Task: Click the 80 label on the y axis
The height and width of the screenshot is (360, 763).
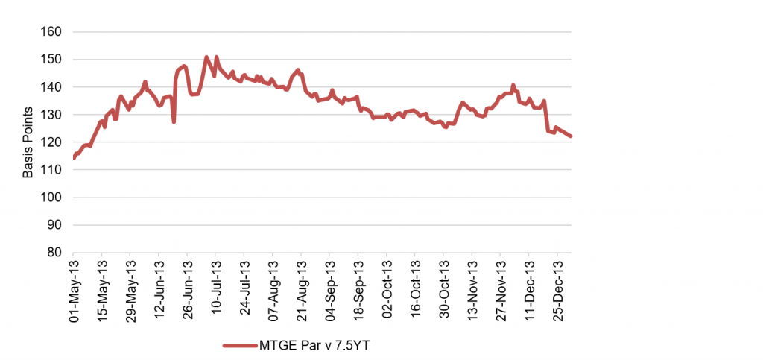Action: click(57, 253)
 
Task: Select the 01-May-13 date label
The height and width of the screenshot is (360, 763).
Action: click(74, 290)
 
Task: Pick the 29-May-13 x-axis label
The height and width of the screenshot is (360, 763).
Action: click(130, 290)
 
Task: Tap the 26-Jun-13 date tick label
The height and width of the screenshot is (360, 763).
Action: click(187, 290)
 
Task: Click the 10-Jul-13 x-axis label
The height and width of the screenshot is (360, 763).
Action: click(216, 290)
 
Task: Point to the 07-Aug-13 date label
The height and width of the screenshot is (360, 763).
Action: click(273, 290)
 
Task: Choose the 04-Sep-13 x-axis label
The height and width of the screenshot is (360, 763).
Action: click(329, 290)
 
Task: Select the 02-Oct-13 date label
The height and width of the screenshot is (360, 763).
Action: click(386, 290)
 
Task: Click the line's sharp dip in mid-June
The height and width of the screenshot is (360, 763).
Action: click(174, 121)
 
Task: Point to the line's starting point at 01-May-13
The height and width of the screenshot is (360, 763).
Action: click(74, 158)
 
